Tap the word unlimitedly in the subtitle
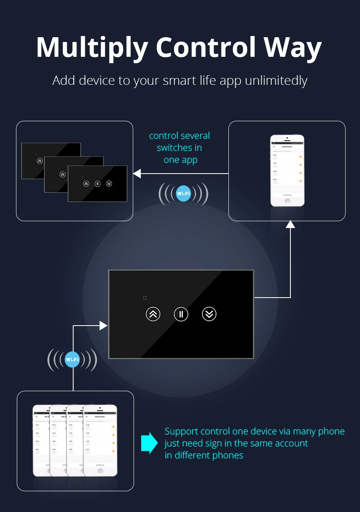coord(276,80)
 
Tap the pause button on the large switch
coord(181,314)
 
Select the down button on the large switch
coord(209,314)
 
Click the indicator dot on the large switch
coord(145,298)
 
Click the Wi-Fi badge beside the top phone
coord(184,194)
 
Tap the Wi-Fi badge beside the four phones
coord(72,360)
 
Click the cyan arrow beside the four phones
coord(150,443)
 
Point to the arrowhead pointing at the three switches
coord(137,174)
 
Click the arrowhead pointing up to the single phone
coord(290,224)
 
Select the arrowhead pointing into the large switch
coord(104,326)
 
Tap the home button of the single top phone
coord(287,201)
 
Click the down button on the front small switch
coord(109,184)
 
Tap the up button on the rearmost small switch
coord(40,161)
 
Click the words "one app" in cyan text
coord(180,160)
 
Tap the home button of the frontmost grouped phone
coord(100,471)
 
